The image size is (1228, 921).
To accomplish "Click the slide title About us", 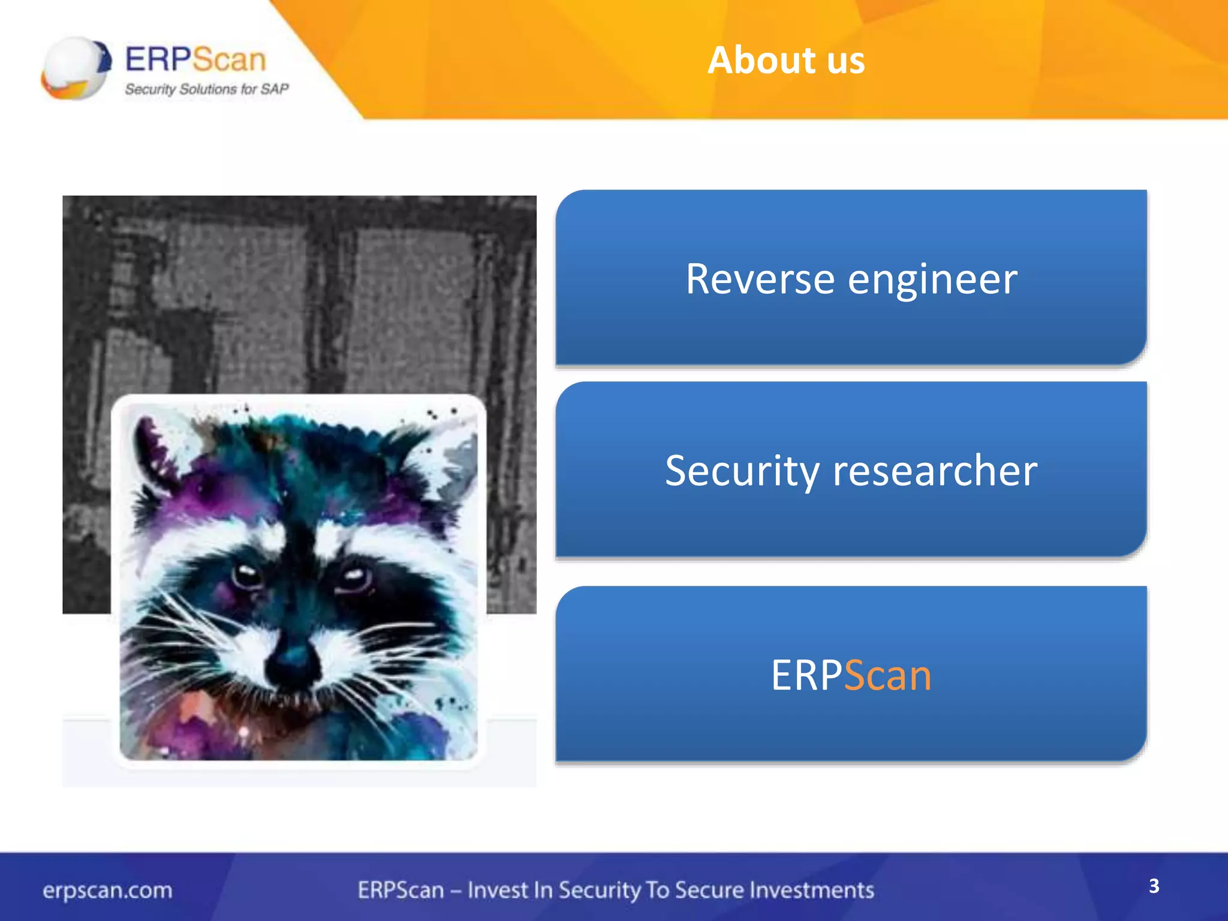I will pyautogui.click(x=786, y=60).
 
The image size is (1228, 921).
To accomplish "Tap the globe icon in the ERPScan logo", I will pyautogui.click(x=75, y=68).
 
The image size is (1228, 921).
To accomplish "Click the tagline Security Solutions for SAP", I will pyautogui.click(x=206, y=89).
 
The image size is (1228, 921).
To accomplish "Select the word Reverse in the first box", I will pyautogui.click(x=760, y=279).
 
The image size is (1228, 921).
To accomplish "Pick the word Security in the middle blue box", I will pyautogui.click(x=742, y=471).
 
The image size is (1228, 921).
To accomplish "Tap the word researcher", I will pyautogui.click(x=935, y=471).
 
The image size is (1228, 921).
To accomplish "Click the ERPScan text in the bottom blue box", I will pyautogui.click(x=851, y=675).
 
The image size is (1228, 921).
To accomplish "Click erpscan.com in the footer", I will pyautogui.click(x=107, y=890).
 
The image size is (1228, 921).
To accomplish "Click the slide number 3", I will pyautogui.click(x=1154, y=886).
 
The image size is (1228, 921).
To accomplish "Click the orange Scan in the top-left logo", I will pyautogui.click(x=229, y=59).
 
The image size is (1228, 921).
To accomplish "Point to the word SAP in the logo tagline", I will pyautogui.click(x=275, y=89).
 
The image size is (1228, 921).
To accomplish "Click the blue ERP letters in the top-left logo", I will pyautogui.click(x=158, y=59).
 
